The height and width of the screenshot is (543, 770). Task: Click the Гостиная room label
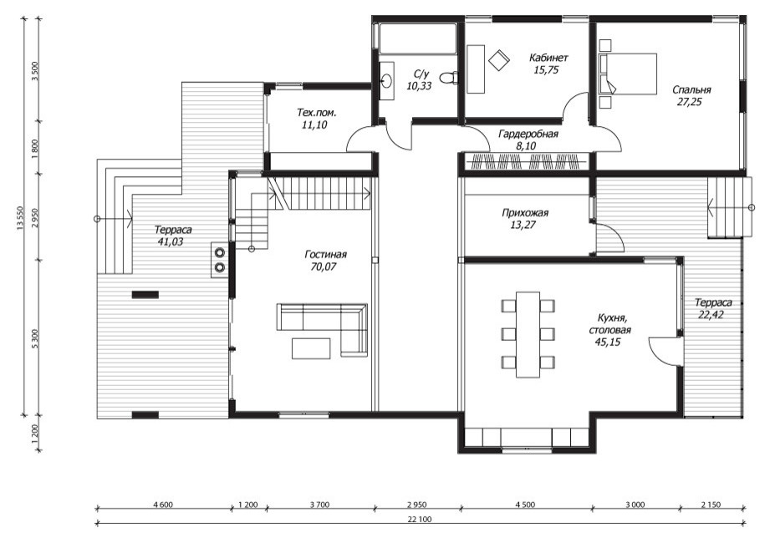[325, 255]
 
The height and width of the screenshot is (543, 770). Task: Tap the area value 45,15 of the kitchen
[608, 342]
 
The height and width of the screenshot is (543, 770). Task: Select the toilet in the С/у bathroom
[448, 78]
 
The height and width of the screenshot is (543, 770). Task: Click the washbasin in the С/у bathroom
[387, 81]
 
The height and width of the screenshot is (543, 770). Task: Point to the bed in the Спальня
[628, 74]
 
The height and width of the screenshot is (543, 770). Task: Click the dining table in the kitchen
[528, 334]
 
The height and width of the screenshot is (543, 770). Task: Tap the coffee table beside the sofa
[311, 348]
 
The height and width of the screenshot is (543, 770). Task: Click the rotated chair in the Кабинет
[499, 60]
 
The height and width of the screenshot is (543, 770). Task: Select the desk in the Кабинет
[476, 69]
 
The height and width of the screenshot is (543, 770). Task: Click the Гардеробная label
[528, 134]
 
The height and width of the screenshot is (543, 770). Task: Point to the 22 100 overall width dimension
[419, 520]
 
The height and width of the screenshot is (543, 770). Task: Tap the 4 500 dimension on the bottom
[525, 505]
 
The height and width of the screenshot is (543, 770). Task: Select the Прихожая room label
[525, 213]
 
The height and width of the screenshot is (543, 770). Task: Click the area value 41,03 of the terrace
[171, 241]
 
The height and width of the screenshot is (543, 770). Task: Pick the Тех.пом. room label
[317, 113]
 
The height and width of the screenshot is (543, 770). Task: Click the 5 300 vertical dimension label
[34, 338]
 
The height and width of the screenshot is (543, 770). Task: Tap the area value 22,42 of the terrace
[711, 315]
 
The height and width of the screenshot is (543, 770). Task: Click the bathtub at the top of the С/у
[417, 37]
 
